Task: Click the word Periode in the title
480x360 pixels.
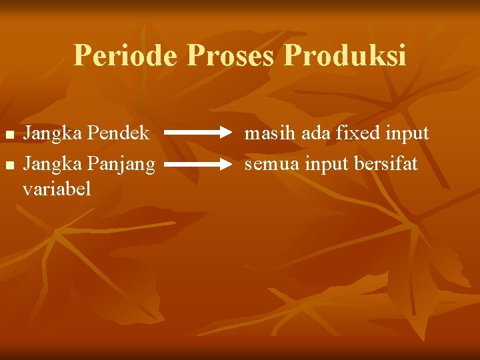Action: (x=125, y=55)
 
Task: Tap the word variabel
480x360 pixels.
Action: (x=57, y=189)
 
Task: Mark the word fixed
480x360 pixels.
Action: (x=357, y=133)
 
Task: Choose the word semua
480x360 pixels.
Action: (x=273, y=163)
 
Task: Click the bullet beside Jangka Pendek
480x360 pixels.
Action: (x=9, y=135)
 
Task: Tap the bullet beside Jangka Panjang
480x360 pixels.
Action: (x=9, y=164)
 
